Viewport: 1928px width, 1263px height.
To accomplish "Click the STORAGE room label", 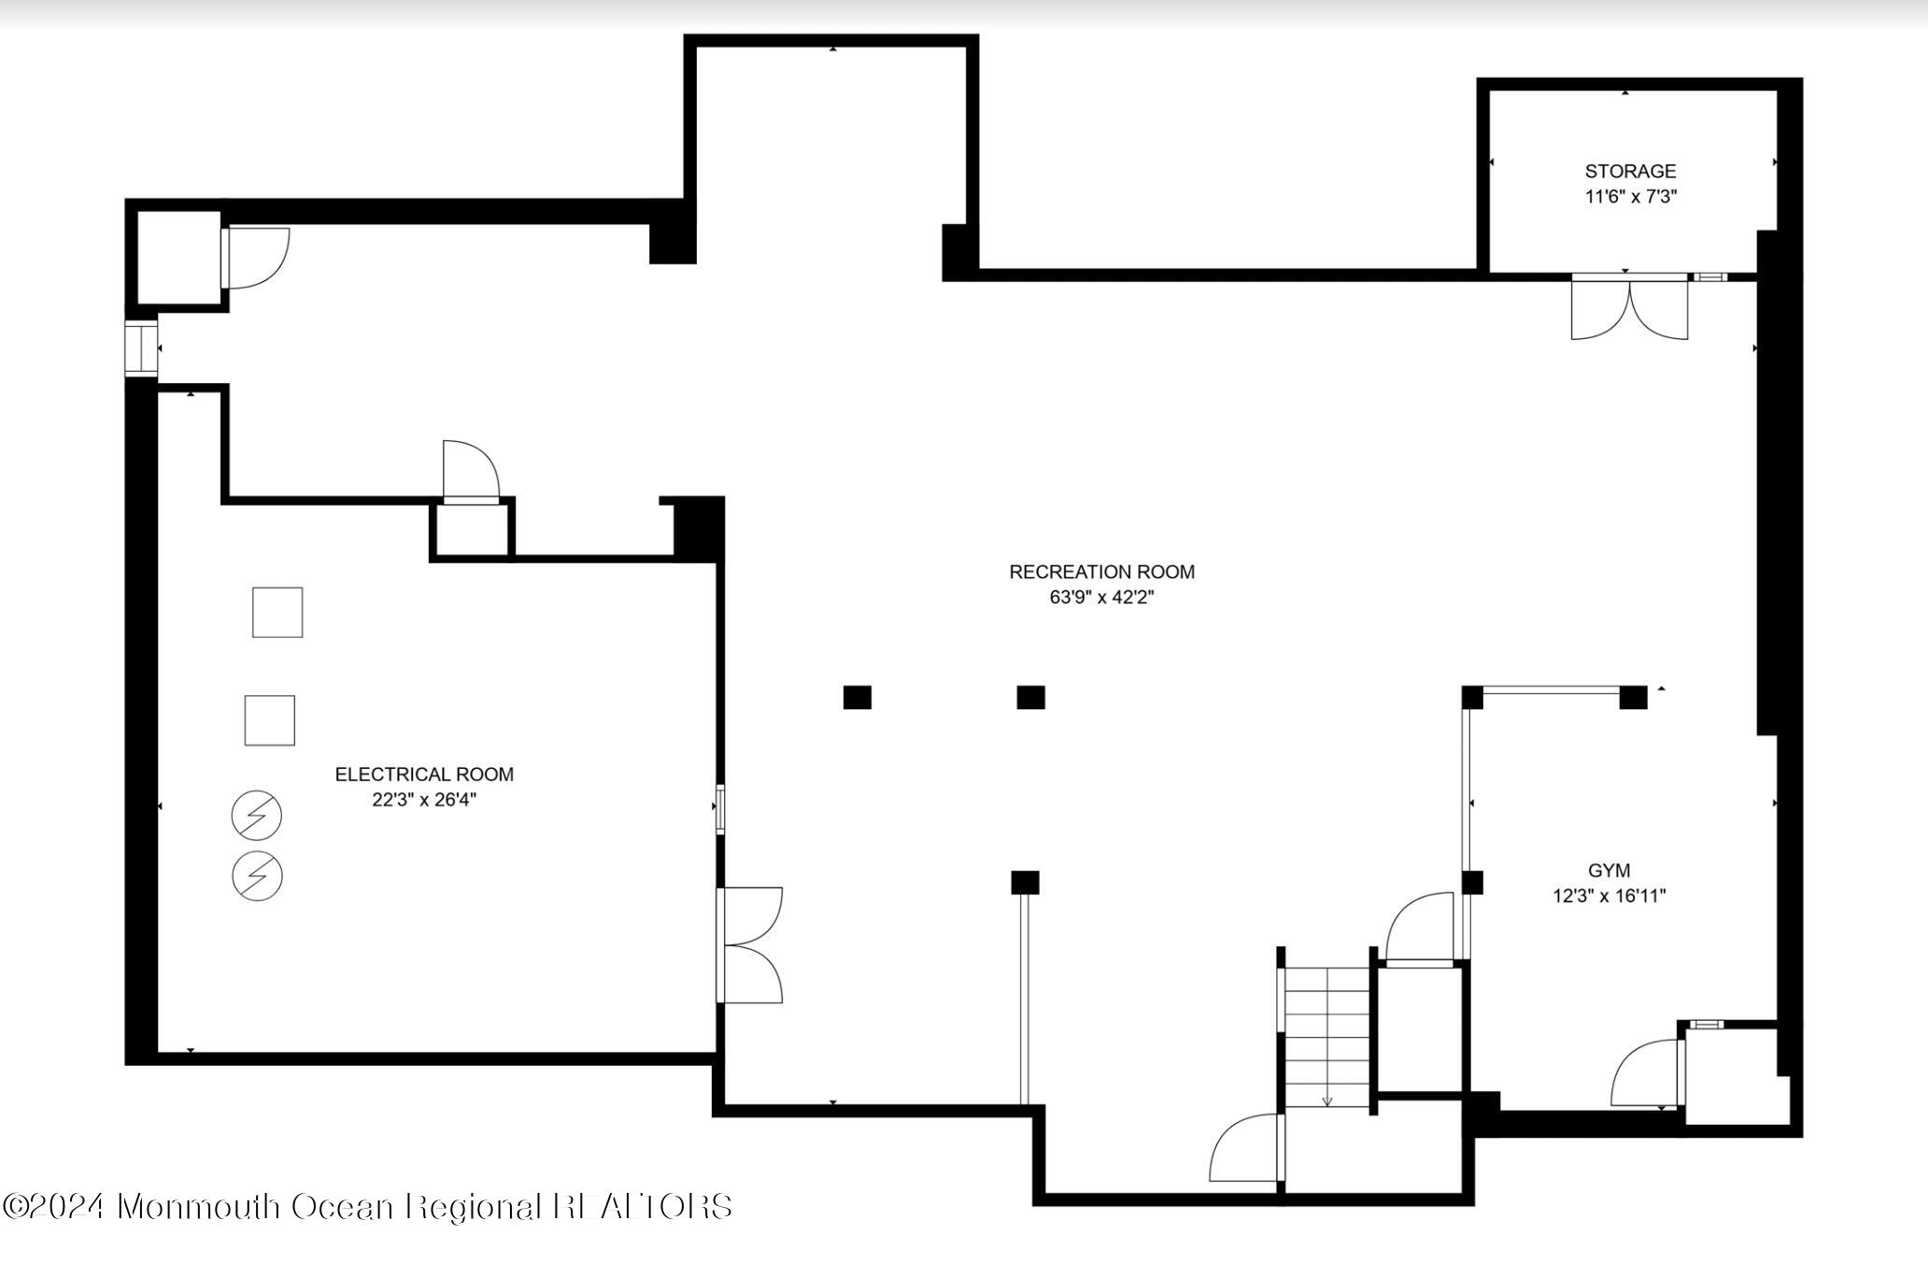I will [x=1630, y=171].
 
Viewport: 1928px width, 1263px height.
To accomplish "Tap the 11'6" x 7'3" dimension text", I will [x=1630, y=197].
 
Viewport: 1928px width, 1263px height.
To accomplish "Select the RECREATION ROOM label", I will [x=1101, y=572].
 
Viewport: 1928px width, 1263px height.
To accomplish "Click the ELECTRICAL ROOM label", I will [x=424, y=774].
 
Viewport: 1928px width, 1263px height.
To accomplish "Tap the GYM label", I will [x=1609, y=871].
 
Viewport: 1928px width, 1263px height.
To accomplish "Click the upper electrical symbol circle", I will [x=257, y=816].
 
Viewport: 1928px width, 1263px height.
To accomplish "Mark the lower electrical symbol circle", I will [x=257, y=876].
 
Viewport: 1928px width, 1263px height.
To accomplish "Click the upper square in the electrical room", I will [x=277, y=613].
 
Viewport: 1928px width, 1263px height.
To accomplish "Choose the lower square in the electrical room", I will [x=270, y=720].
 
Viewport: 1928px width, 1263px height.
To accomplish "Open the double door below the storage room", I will [x=1629, y=308].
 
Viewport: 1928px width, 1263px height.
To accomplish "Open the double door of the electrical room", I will [x=750, y=945].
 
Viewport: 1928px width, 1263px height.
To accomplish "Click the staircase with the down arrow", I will [x=1326, y=1037].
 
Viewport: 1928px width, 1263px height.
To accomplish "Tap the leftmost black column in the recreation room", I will [x=857, y=698].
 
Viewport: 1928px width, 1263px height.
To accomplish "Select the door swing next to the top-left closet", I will [x=257, y=258].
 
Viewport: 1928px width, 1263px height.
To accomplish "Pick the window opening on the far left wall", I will [x=142, y=348].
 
